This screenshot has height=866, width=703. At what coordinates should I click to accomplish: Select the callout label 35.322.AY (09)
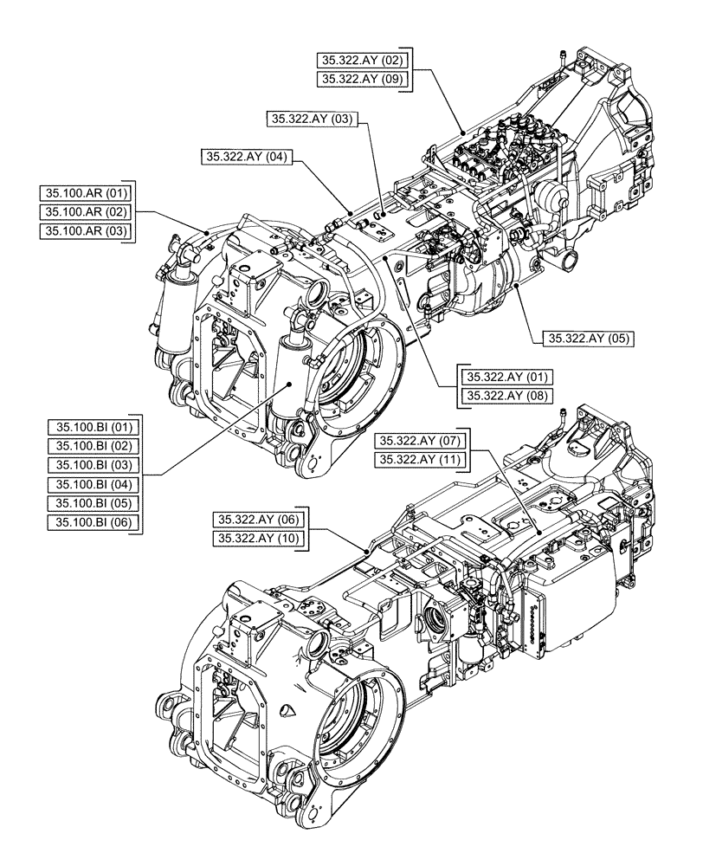[x=361, y=79]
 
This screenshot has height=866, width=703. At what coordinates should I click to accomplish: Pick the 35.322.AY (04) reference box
[x=247, y=157]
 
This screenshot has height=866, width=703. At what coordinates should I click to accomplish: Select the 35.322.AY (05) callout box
[x=589, y=339]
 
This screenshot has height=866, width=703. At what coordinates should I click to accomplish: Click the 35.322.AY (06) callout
[x=258, y=520]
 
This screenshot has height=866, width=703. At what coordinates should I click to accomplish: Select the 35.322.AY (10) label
[x=258, y=540]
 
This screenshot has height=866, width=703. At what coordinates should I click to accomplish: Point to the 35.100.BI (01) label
[x=94, y=426]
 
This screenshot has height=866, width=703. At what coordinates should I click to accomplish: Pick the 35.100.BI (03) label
[x=94, y=464]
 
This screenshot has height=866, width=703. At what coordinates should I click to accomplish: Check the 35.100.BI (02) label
[x=94, y=445]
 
